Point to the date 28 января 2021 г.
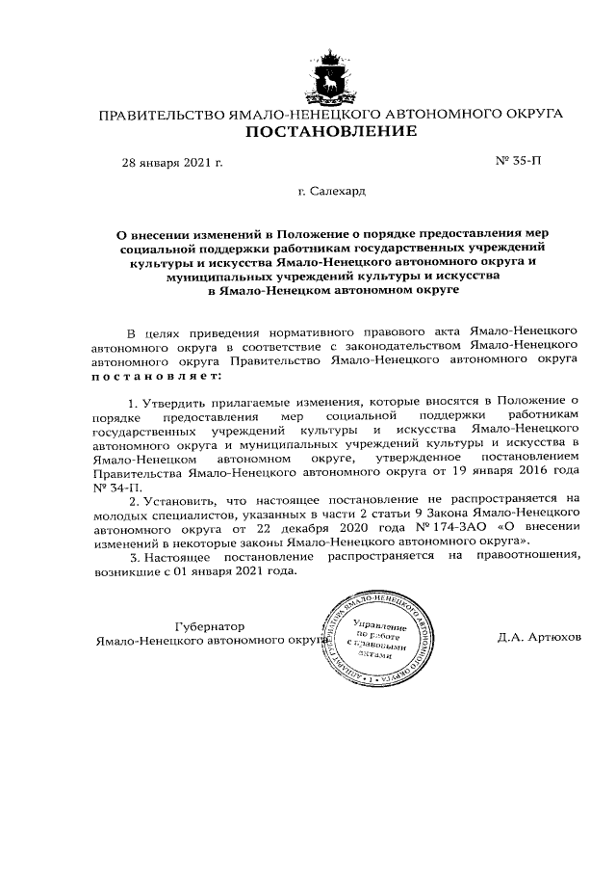[x=171, y=162]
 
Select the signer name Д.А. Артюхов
[x=540, y=639]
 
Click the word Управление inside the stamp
[x=378, y=627]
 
